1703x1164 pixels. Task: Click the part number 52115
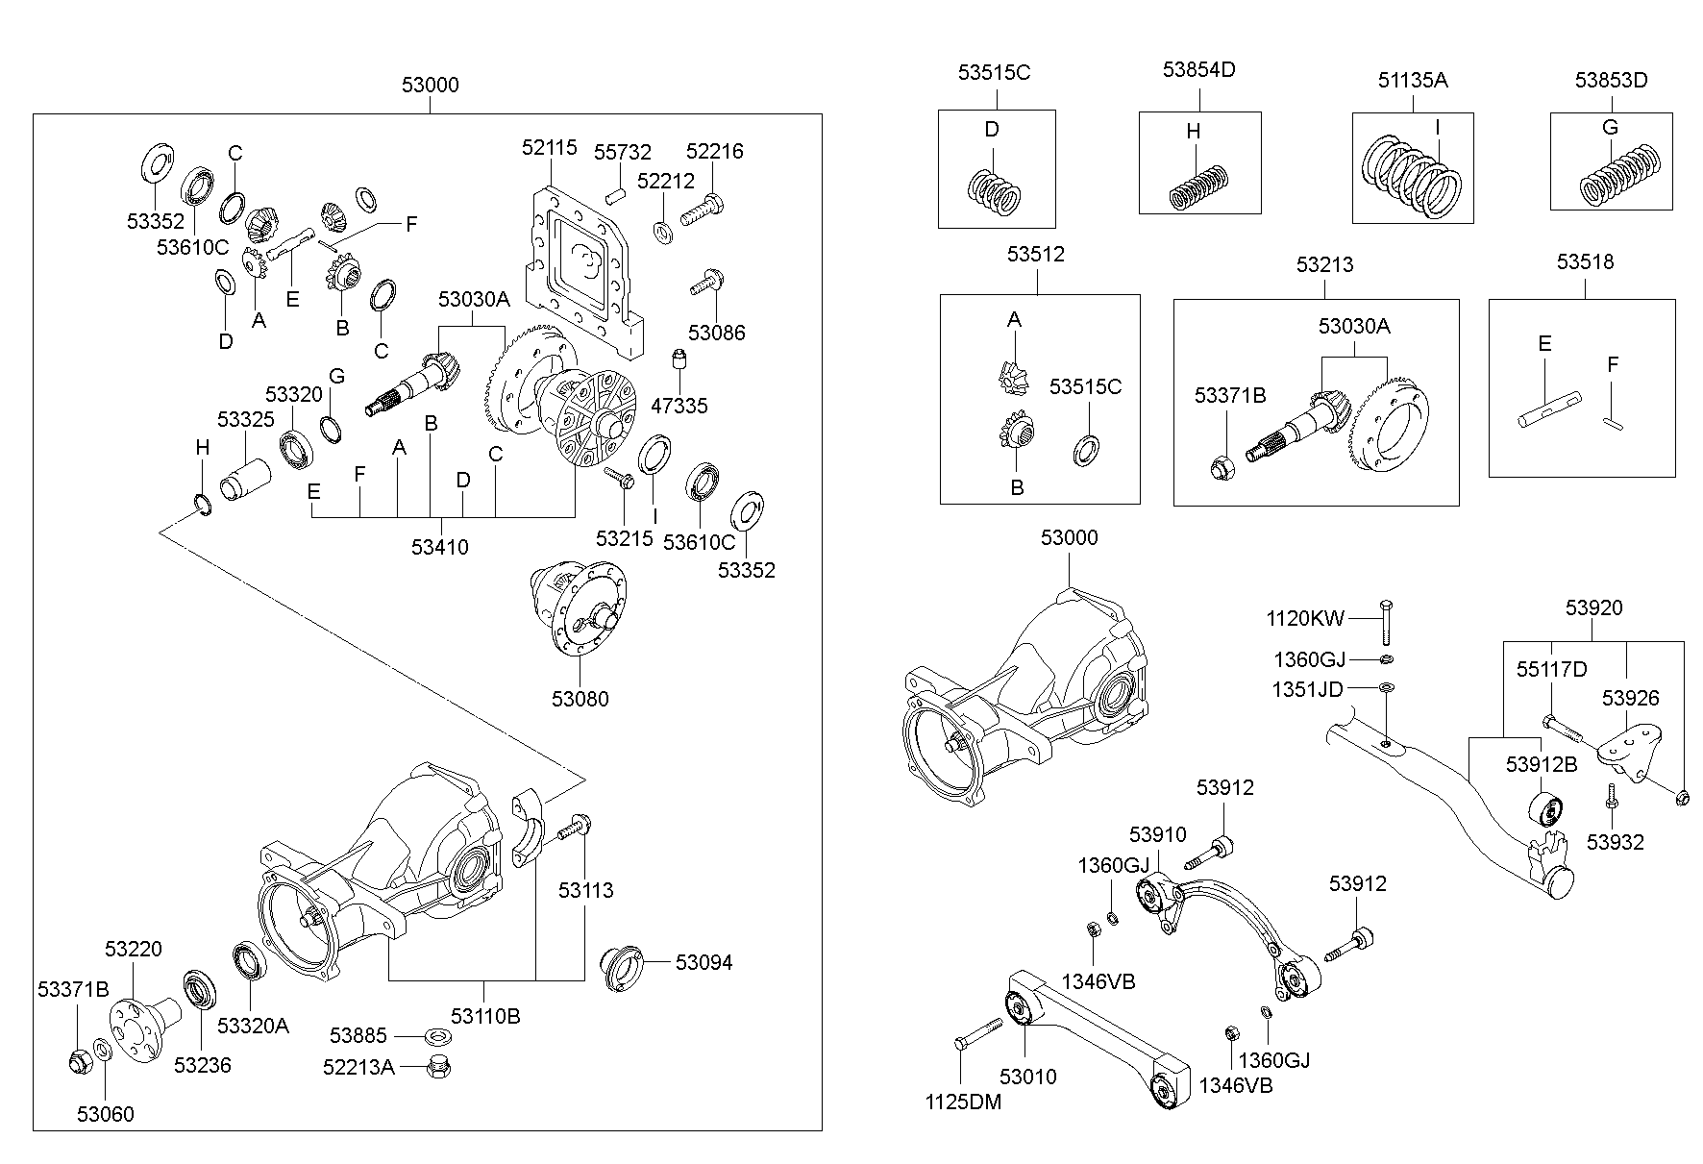[x=550, y=147]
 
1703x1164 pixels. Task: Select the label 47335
[x=679, y=406]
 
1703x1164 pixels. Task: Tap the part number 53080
[x=580, y=699]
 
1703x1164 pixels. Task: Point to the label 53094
[x=703, y=962]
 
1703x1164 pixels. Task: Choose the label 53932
[x=1616, y=842]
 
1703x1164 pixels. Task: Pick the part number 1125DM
[x=963, y=1102]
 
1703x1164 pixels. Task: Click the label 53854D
[x=1198, y=69]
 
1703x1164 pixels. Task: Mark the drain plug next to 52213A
[x=439, y=1066]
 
